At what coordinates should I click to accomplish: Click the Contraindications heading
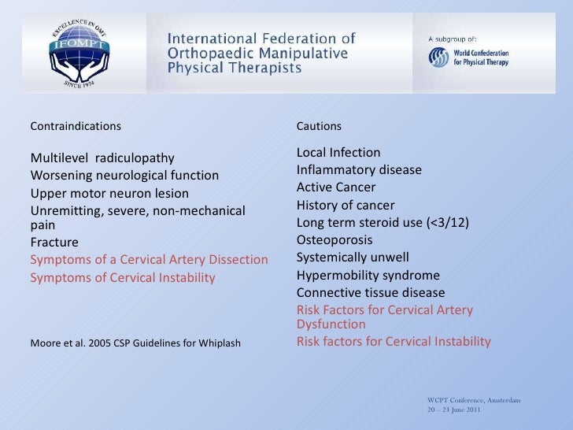coord(76,126)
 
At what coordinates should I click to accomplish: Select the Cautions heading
coord(319,126)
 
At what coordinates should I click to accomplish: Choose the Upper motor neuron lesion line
coord(109,193)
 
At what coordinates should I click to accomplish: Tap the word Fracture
coord(54,242)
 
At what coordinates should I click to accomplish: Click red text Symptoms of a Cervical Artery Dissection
coord(149,260)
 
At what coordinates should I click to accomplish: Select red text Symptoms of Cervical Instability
coord(122,277)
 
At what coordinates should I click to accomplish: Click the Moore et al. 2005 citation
coord(135,343)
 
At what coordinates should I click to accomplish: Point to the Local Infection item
coord(338,152)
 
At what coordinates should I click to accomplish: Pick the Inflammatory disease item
coord(359,170)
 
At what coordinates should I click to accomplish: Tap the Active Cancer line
coord(336,187)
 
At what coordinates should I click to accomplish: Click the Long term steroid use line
coord(383,223)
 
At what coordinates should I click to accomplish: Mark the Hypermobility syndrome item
coord(368,276)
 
